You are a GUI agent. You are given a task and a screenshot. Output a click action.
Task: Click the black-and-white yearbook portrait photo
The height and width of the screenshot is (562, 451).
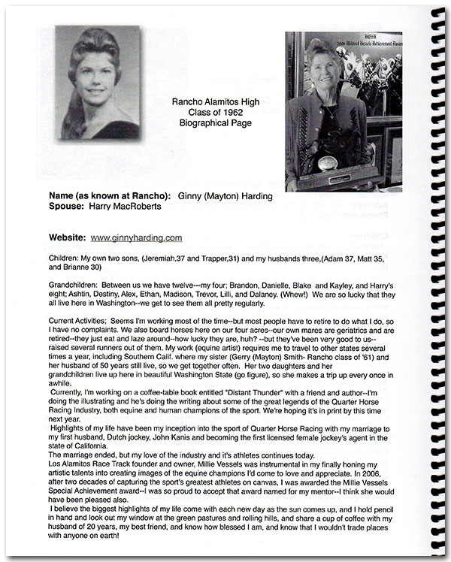[96, 83]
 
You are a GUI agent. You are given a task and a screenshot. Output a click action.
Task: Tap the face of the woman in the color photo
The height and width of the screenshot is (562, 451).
[318, 68]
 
